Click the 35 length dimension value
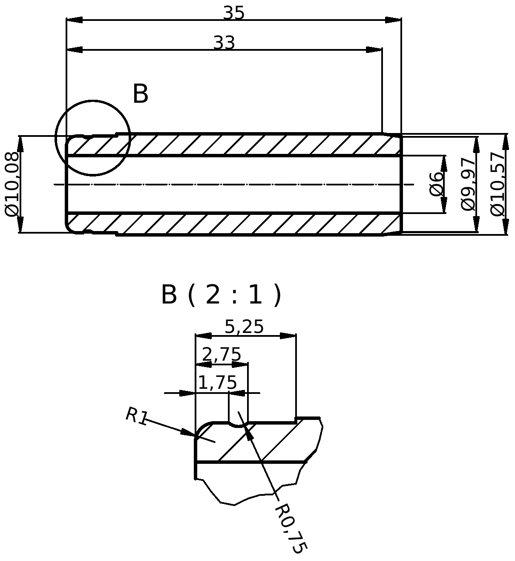(x=234, y=13)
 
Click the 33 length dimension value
(x=224, y=43)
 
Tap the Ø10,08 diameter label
(x=12, y=184)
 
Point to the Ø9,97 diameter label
(x=468, y=184)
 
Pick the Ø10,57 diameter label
(x=498, y=184)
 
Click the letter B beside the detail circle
(x=140, y=94)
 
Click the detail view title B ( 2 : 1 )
(x=221, y=295)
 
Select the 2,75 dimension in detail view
(x=222, y=354)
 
